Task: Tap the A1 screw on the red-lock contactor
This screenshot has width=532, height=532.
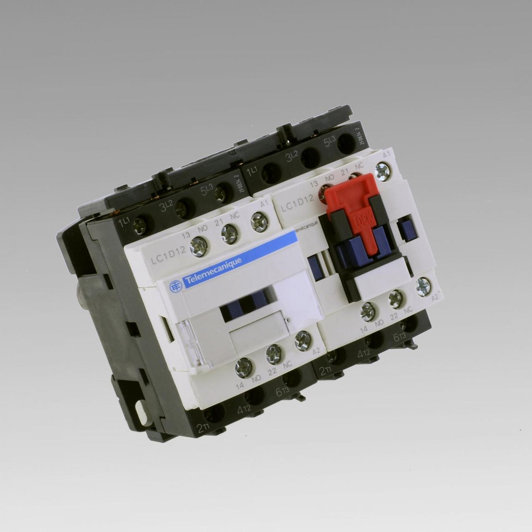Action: pyautogui.click(x=383, y=170)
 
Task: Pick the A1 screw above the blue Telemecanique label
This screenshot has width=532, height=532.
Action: pyautogui.click(x=258, y=222)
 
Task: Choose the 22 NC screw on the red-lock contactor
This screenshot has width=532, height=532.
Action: pyautogui.click(x=396, y=298)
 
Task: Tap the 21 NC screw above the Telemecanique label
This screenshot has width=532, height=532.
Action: pyautogui.click(x=228, y=231)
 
